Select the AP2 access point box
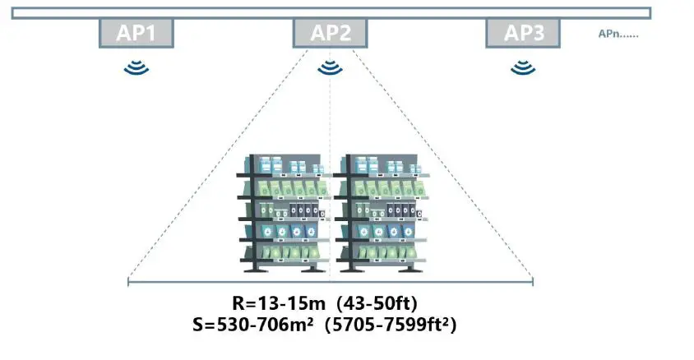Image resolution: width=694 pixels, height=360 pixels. pos(331,33)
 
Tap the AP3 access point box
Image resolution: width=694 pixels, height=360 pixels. pos(523,33)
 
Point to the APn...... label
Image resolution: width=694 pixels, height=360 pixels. pos(619,35)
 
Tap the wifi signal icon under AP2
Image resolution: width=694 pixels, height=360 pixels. pos(331,67)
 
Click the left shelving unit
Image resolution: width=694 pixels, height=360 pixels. pos(283,213)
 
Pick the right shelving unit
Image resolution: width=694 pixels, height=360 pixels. pos(380,213)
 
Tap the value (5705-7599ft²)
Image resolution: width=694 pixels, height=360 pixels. pos(391,325)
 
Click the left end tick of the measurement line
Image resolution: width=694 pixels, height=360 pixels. pos(128,283)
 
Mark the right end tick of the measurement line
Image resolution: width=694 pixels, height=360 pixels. pos(533,283)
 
